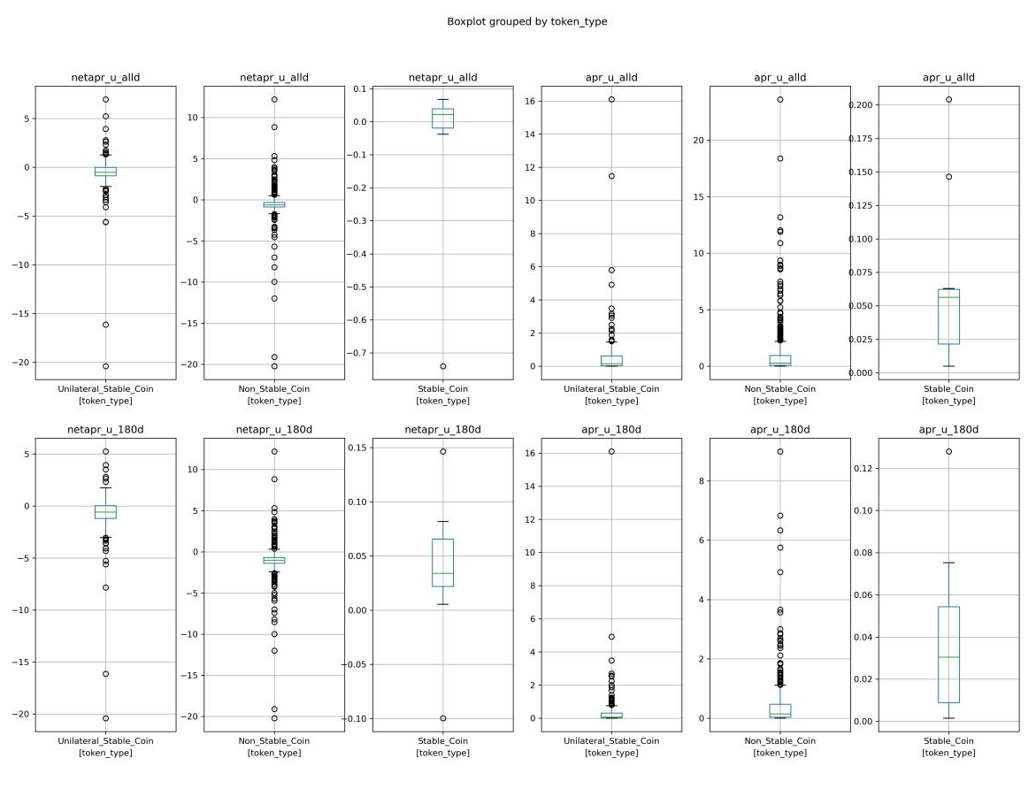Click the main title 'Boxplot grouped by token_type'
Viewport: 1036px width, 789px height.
(526, 21)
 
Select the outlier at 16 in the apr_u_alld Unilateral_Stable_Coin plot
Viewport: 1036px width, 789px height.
(611, 100)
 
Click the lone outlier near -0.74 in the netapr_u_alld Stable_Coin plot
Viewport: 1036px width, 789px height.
(442, 366)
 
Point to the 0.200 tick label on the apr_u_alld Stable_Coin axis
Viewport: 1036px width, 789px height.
(860, 105)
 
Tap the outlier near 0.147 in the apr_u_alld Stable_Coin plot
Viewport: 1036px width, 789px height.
(948, 177)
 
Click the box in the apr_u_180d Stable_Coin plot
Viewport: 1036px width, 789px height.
(948, 655)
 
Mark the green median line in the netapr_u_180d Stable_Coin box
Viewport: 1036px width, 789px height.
(442, 573)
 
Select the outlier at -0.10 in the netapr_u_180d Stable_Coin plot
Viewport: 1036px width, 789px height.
(442, 718)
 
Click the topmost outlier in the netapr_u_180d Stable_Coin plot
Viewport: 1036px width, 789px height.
(442, 452)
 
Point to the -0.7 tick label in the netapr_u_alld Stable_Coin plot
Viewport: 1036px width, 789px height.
(357, 353)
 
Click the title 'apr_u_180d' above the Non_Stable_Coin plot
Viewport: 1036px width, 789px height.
(779, 430)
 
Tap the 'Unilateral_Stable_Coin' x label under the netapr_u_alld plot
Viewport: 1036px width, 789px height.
(105, 388)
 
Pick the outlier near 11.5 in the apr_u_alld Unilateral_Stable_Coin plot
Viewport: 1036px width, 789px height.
(611, 176)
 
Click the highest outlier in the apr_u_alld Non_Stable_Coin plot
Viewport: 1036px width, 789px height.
(780, 100)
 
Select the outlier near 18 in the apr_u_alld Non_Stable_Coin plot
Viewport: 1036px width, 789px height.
(780, 158)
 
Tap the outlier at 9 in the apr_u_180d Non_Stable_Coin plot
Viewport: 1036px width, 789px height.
(780, 452)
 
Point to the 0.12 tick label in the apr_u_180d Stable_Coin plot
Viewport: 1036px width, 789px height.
(863, 469)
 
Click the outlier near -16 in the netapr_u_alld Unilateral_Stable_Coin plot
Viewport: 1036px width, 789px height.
(105, 325)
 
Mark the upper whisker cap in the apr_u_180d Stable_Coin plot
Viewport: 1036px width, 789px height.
(948, 563)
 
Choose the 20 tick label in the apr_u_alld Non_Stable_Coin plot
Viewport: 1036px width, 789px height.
(698, 140)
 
